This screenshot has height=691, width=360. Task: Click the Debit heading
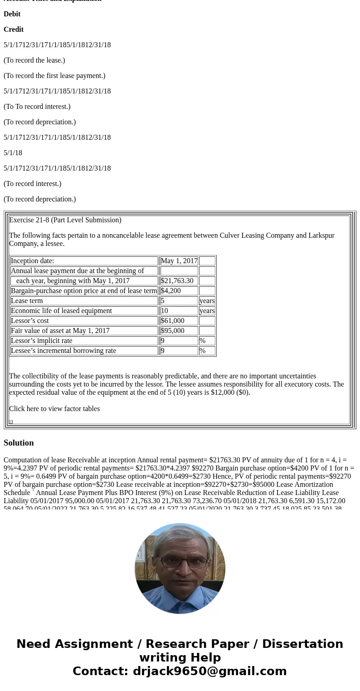click(x=12, y=14)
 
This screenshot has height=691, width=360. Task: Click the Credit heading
click(x=14, y=29)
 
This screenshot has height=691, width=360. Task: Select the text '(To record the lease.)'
click(x=34, y=60)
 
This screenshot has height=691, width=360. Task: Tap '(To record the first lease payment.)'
click(x=54, y=76)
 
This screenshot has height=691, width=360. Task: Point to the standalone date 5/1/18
click(x=13, y=153)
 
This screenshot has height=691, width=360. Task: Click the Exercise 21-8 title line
click(x=65, y=220)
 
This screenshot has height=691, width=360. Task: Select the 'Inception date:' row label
click(x=32, y=261)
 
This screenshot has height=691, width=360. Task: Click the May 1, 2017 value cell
click(x=179, y=261)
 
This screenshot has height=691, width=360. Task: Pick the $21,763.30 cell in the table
click(x=177, y=281)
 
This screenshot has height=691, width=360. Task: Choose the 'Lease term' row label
click(x=27, y=301)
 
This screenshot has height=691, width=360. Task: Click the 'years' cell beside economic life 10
click(x=207, y=311)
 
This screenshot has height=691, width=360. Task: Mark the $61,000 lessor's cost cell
click(x=173, y=321)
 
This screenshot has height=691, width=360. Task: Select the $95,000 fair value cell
click(x=173, y=331)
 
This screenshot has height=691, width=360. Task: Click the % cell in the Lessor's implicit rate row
click(x=202, y=341)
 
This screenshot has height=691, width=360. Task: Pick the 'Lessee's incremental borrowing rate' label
click(x=63, y=351)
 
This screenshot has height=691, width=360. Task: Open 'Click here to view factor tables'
click(x=54, y=409)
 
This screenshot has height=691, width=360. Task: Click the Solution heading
click(x=19, y=443)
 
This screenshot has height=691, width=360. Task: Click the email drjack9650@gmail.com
click(x=209, y=671)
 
